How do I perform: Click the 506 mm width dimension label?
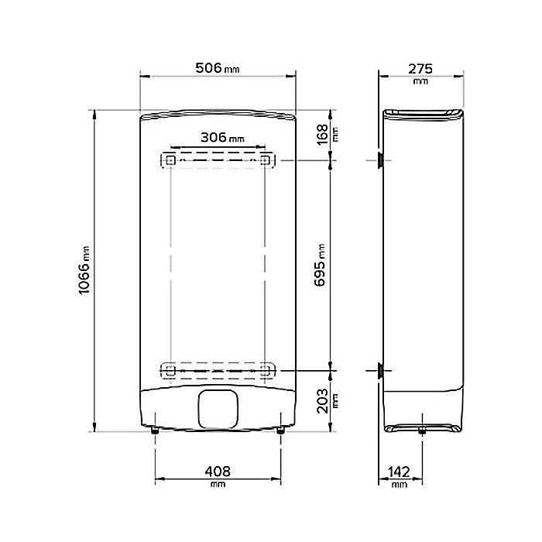click(x=216, y=67)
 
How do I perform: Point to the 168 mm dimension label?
click(x=324, y=132)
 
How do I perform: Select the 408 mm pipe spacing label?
click(x=217, y=471)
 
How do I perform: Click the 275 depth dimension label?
click(x=420, y=67)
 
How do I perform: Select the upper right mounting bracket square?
click(x=266, y=160)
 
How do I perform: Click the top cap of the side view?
click(x=425, y=113)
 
